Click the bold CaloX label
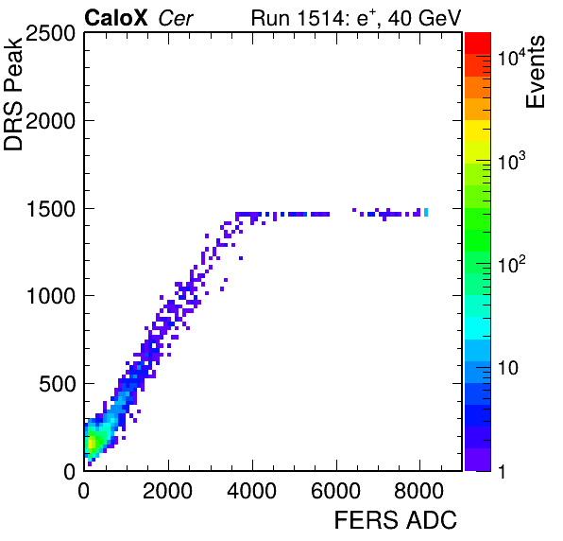(x=116, y=18)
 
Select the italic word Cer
(x=176, y=18)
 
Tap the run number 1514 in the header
(x=321, y=18)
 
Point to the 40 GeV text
(x=424, y=18)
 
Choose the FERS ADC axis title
(x=395, y=520)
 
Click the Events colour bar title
(x=535, y=72)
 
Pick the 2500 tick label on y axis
(x=50, y=34)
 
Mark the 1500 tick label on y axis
(x=51, y=209)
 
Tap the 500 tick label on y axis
(x=57, y=384)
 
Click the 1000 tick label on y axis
(x=51, y=297)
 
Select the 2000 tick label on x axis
(x=168, y=491)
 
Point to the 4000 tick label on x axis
(x=251, y=491)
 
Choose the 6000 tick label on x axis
(x=335, y=491)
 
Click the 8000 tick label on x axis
(x=419, y=491)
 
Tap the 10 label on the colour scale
(x=508, y=368)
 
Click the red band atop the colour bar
(x=478, y=44)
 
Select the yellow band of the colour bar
(x=478, y=131)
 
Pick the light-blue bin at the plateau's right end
(x=426, y=212)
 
